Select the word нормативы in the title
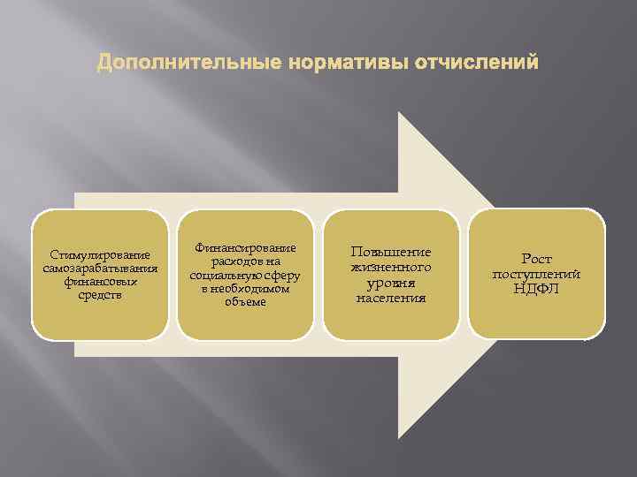click(331, 64)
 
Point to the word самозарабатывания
click(100, 269)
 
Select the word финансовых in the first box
click(100, 282)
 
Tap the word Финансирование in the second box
click(246, 248)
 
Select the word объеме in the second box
click(245, 301)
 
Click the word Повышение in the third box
click(391, 252)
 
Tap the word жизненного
click(391, 267)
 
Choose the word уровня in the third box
click(391, 283)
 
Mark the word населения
click(391, 298)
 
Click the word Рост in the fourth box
click(536, 259)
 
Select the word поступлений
click(536, 274)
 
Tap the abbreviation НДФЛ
click(536, 289)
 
